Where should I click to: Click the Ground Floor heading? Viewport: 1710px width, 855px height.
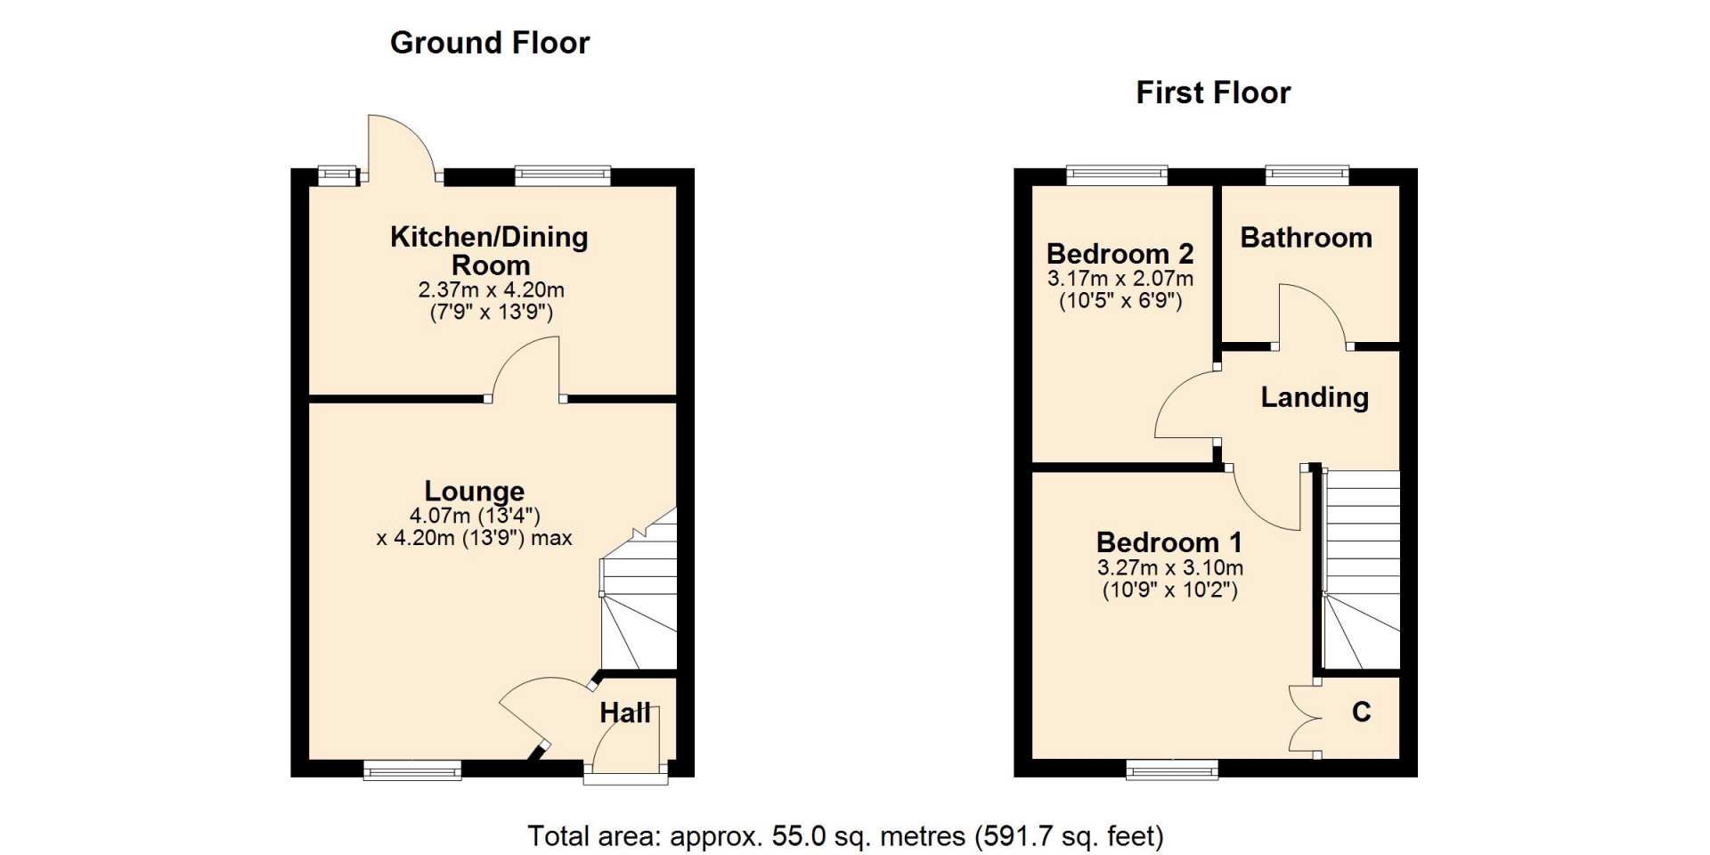pyautogui.click(x=490, y=43)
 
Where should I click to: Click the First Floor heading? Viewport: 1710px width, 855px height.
pyautogui.click(x=1213, y=93)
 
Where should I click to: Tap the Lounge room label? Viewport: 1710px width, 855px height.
pyautogui.click(x=474, y=491)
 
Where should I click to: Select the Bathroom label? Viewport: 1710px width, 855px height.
pyautogui.click(x=1306, y=238)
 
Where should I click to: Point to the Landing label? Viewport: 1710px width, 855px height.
pyautogui.click(x=1315, y=397)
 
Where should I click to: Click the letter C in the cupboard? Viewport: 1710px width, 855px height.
pyautogui.click(x=1361, y=712)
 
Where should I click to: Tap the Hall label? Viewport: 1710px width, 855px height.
pyautogui.click(x=624, y=712)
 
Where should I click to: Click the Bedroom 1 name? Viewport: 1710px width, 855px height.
pyautogui.click(x=1168, y=541)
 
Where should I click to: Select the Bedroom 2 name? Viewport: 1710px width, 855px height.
pyautogui.click(x=1120, y=254)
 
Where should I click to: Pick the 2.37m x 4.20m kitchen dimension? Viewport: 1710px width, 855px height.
pyautogui.click(x=491, y=289)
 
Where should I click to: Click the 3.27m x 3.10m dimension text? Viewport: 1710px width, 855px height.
pyautogui.click(x=1170, y=567)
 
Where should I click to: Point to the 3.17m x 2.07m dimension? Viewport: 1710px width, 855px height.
pyautogui.click(x=1120, y=278)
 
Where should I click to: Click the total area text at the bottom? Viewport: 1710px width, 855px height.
pyautogui.click(x=845, y=835)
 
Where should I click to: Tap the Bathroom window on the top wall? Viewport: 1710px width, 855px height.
pyautogui.click(x=1307, y=175)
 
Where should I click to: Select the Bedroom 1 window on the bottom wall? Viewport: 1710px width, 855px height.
pyautogui.click(x=1172, y=769)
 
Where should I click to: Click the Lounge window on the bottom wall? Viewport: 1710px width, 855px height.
pyautogui.click(x=412, y=769)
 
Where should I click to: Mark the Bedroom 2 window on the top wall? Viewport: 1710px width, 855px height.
pyautogui.click(x=1117, y=175)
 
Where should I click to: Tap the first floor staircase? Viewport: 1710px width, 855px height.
pyautogui.click(x=1361, y=570)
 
